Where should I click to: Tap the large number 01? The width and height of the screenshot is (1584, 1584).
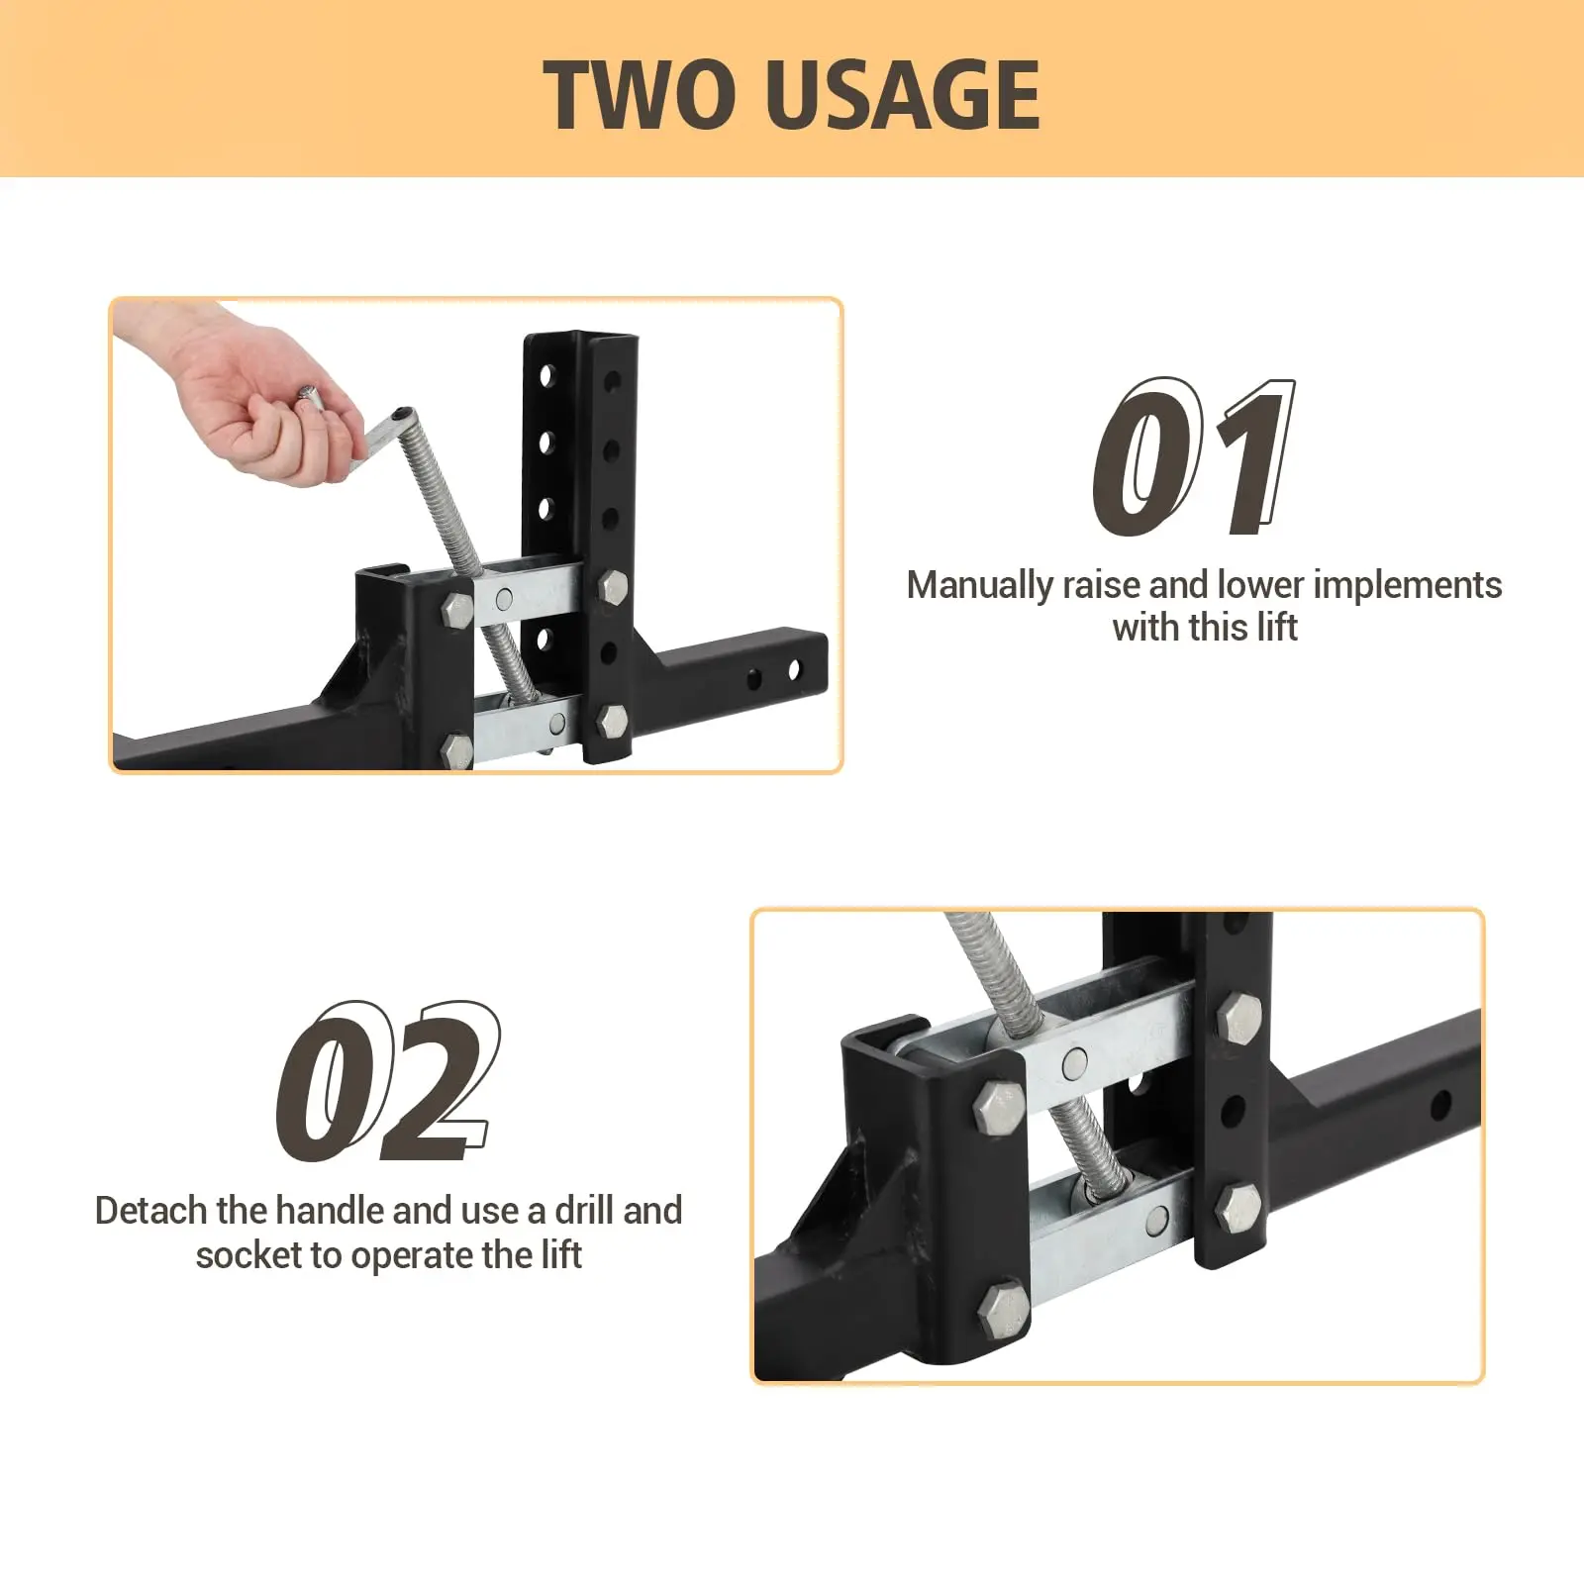(1193, 457)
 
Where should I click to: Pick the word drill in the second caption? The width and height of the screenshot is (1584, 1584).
(584, 1210)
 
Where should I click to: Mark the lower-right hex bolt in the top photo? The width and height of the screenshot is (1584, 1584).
(613, 720)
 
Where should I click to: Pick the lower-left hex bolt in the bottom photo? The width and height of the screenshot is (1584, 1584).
(1003, 1311)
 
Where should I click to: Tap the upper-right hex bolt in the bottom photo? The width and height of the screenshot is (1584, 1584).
(1238, 1017)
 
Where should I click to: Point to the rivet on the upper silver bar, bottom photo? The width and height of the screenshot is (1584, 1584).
(1073, 1064)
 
